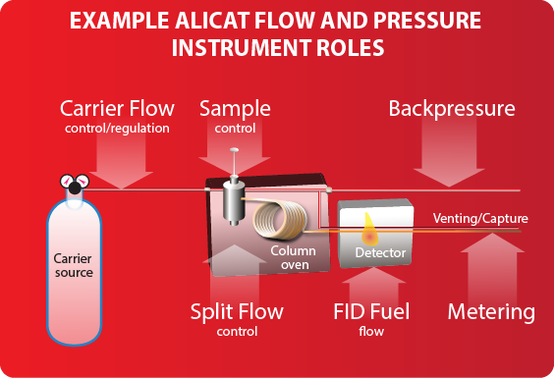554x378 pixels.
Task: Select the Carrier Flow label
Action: [x=117, y=108]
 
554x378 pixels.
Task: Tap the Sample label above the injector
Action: [x=235, y=108]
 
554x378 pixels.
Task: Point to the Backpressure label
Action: [x=452, y=108]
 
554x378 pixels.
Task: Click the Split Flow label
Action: [x=237, y=312]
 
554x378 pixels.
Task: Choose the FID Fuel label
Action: [x=369, y=312]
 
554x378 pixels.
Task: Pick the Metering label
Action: [x=491, y=312]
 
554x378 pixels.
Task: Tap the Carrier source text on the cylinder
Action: [x=73, y=266]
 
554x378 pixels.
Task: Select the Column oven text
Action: [x=293, y=257]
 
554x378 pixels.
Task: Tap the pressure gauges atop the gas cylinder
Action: [x=71, y=185]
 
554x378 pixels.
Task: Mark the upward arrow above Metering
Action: [x=491, y=265]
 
